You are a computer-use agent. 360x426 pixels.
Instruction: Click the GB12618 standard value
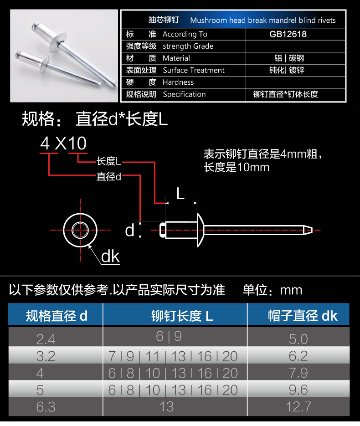pyautogui.click(x=288, y=34)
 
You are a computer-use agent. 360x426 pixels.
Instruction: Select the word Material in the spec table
pyautogui.click(x=176, y=58)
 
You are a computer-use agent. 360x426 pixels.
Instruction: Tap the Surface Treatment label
pyautogui.click(x=194, y=70)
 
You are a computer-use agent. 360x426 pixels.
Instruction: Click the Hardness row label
pyautogui.click(x=178, y=82)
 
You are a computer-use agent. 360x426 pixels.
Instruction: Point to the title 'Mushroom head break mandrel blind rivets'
pyautogui.click(x=263, y=21)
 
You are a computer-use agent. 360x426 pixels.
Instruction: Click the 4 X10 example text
pyautogui.click(x=63, y=143)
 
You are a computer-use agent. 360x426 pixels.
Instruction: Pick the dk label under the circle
pyautogui.click(x=110, y=257)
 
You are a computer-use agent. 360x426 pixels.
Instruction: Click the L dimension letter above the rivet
pyautogui.click(x=180, y=194)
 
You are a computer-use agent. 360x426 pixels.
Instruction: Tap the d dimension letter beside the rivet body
pyautogui.click(x=129, y=231)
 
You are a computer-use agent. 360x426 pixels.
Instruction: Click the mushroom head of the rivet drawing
pyautogui.click(x=201, y=230)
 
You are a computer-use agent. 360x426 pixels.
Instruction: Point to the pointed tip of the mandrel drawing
pyautogui.click(x=312, y=230)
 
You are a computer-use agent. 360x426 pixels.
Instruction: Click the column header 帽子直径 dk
pyautogui.click(x=303, y=316)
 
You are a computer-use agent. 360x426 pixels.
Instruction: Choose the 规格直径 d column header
pyautogui.click(x=57, y=316)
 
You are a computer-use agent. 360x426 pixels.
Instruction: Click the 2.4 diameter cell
pyautogui.click(x=46, y=339)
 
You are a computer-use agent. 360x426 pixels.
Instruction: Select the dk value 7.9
pyautogui.click(x=298, y=373)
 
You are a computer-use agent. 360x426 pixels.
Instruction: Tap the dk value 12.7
pyautogui.click(x=298, y=407)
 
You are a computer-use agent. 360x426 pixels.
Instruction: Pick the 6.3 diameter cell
pyautogui.click(x=46, y=407)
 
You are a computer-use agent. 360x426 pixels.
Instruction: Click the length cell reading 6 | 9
pyautogui.click(x=169, y=337)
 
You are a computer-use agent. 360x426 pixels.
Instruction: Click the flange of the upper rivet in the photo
pyautogui.click(x=59, y=43)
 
